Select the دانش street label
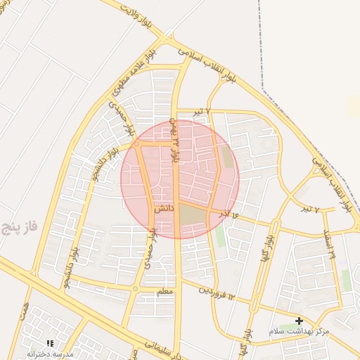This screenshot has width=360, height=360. pos(162,208)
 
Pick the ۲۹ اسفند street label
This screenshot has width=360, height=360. pos(328,243)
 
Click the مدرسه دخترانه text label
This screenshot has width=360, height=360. pos(51,354)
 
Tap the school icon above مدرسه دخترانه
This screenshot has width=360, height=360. pos(50,342)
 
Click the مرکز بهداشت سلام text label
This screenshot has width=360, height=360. pos(299,330)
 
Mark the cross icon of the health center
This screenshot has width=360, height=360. pos(299,321)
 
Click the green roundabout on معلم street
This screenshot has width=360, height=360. pos(135,288)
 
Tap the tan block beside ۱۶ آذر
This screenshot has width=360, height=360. pos(191,215)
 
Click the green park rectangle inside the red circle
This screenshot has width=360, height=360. pos(226,156)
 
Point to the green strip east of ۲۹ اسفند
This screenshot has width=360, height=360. pos(346,280)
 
